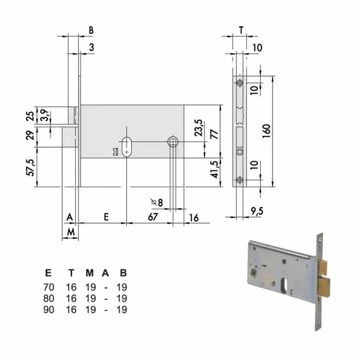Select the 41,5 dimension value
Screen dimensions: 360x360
214,168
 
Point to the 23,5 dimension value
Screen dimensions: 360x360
199,127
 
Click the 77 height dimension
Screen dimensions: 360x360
214,135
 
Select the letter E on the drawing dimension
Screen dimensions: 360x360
105,217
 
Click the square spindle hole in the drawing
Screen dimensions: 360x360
174,141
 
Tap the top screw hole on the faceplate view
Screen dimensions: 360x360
240,83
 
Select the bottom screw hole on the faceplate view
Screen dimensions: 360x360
240,179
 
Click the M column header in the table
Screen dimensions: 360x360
89,273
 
